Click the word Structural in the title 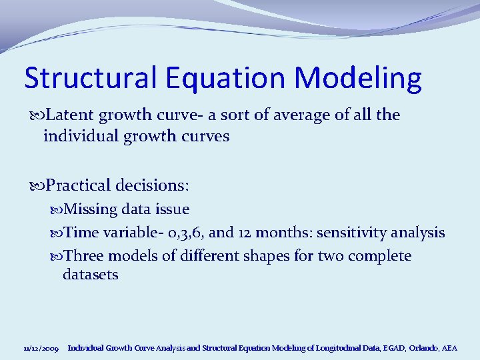[x=83, y=78]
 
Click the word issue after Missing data [x=171, y=209]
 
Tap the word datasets [x=91, y=275]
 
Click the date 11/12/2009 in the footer [x=41, y=348]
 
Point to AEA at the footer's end [x=450, y=348]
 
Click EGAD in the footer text [x=388, y=348]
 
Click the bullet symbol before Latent [x=37, y=116]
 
